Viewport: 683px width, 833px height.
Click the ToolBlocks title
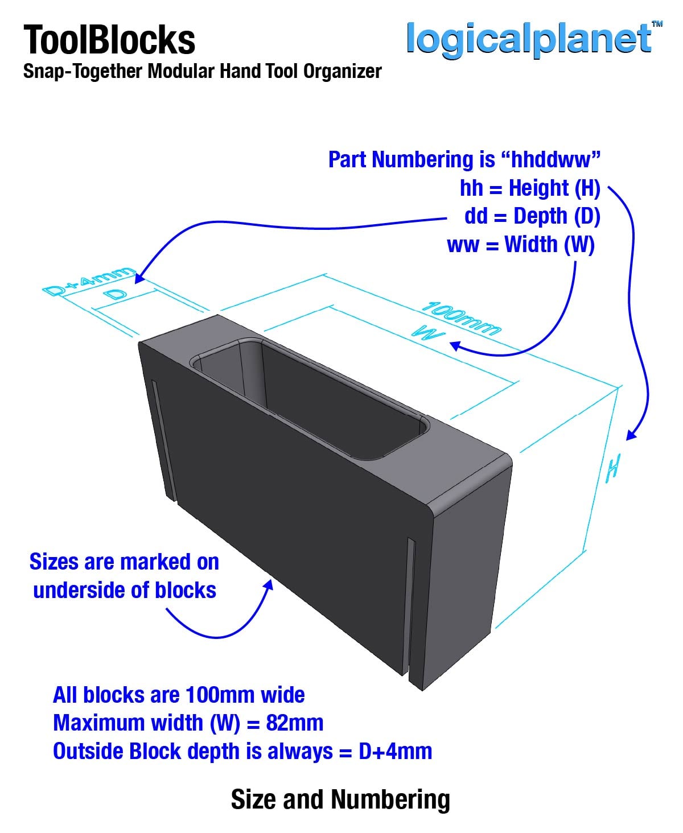[x=109, y=40]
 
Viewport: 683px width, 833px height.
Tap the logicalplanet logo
[x=529, y=40]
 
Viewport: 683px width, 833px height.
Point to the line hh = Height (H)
[x=530, y=188]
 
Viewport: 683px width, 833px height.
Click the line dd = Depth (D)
[x=532, y=216]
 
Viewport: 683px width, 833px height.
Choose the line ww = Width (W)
[x=521, y=245]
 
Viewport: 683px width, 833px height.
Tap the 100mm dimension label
[x=461, y=318]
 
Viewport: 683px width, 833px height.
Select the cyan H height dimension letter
[x=613, y=468]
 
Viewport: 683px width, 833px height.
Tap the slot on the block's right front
[x=411, y=608]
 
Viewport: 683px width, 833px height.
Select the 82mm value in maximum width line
[x=295, y=723]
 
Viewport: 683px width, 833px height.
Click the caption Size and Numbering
[x=340, y=799]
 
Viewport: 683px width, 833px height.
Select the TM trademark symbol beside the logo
[x=657, y=24]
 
